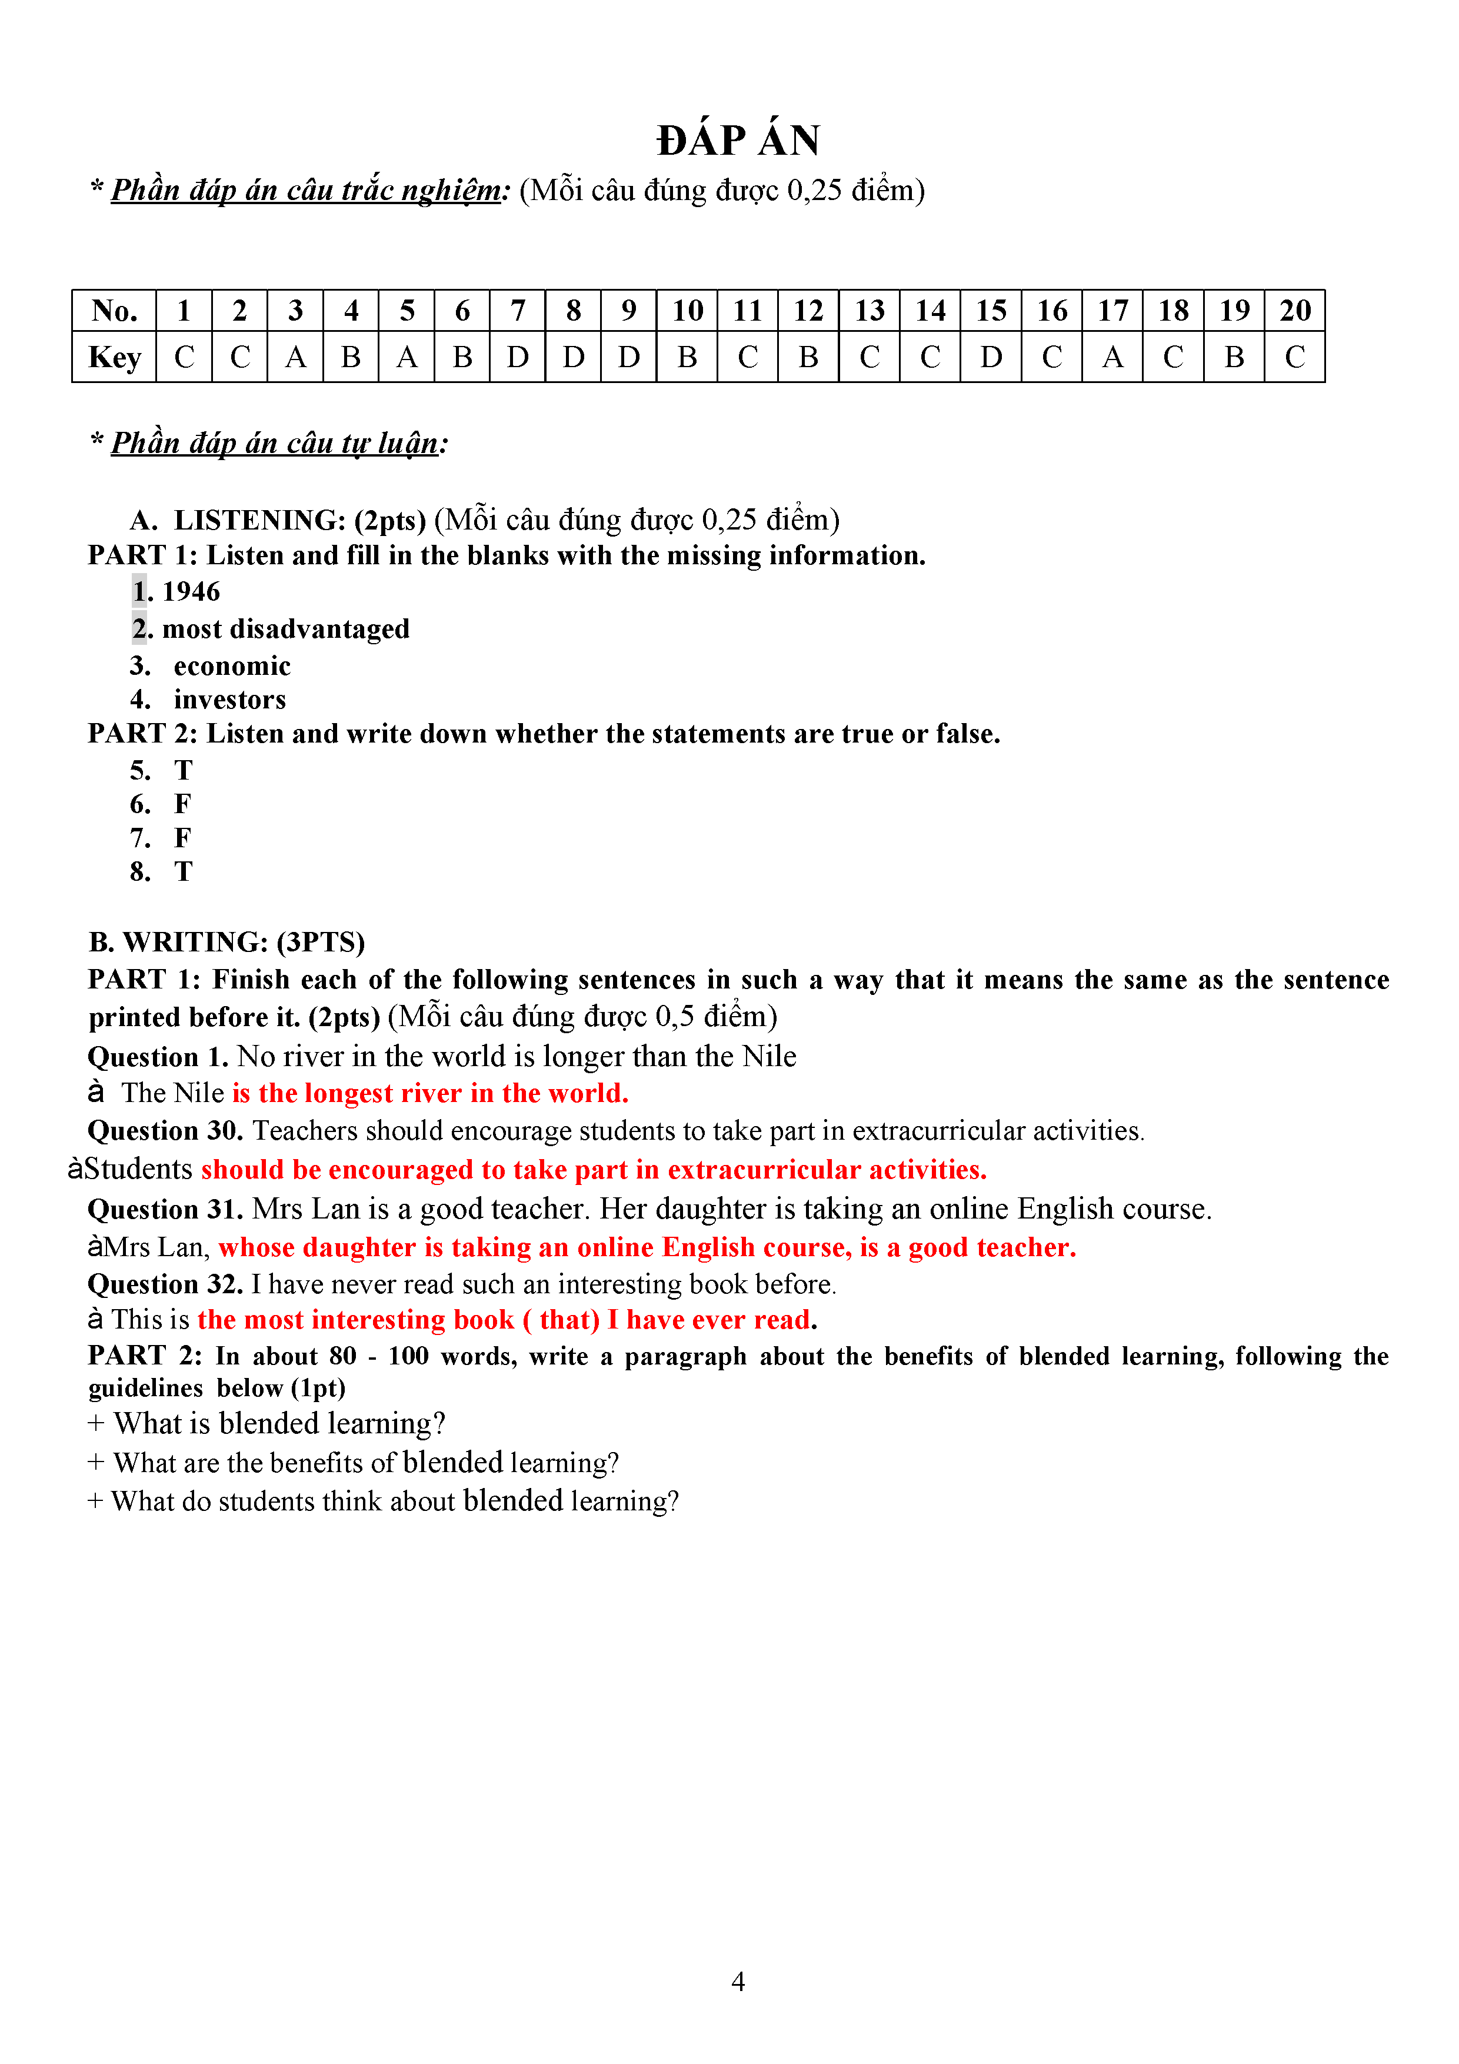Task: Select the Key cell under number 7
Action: (518, 358)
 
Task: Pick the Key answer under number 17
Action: (1112, 358)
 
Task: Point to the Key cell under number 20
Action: (1294, 358)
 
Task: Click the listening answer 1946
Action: (191, 591)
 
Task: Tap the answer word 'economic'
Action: (232, 666)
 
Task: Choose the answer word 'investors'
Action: (230, 700)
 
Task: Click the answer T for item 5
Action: (184, 770)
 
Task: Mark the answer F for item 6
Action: (182, 804)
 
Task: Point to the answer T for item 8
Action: (184, 871)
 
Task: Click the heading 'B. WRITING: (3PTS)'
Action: (226, 942)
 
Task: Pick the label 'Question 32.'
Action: (165, 1284)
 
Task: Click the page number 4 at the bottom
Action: (738, 1981)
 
